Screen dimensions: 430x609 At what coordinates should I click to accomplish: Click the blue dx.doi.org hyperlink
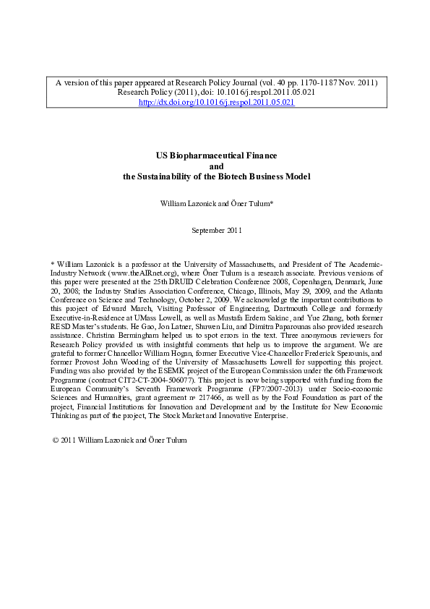[216, 103]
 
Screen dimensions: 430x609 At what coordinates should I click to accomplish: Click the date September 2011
[216, 230]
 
